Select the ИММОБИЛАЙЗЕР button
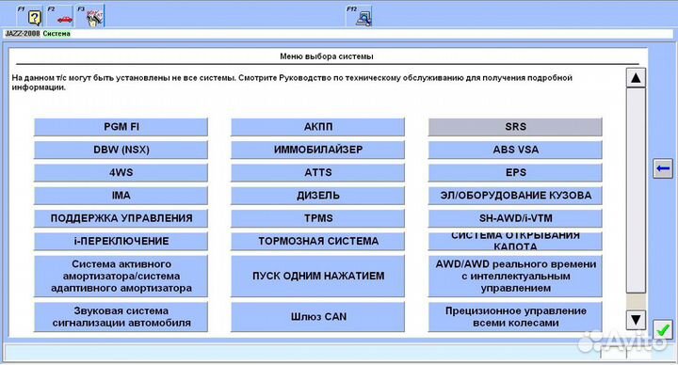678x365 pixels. point(317,150)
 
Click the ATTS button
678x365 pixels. point(317,172)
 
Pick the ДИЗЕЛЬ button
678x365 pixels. point(317,196)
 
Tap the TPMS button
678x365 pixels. point(317,218)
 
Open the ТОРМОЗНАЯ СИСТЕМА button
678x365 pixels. point(317,241)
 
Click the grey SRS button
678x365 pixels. point(515,127)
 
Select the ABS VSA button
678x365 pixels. point(515,150)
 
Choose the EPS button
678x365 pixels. point(515,172)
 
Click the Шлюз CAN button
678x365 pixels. point(317,316)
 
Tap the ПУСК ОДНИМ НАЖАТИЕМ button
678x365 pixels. point(317,277)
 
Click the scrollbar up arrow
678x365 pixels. point(636,78)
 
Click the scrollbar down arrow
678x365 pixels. point(636,319)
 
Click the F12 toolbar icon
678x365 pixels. point(363,16)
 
